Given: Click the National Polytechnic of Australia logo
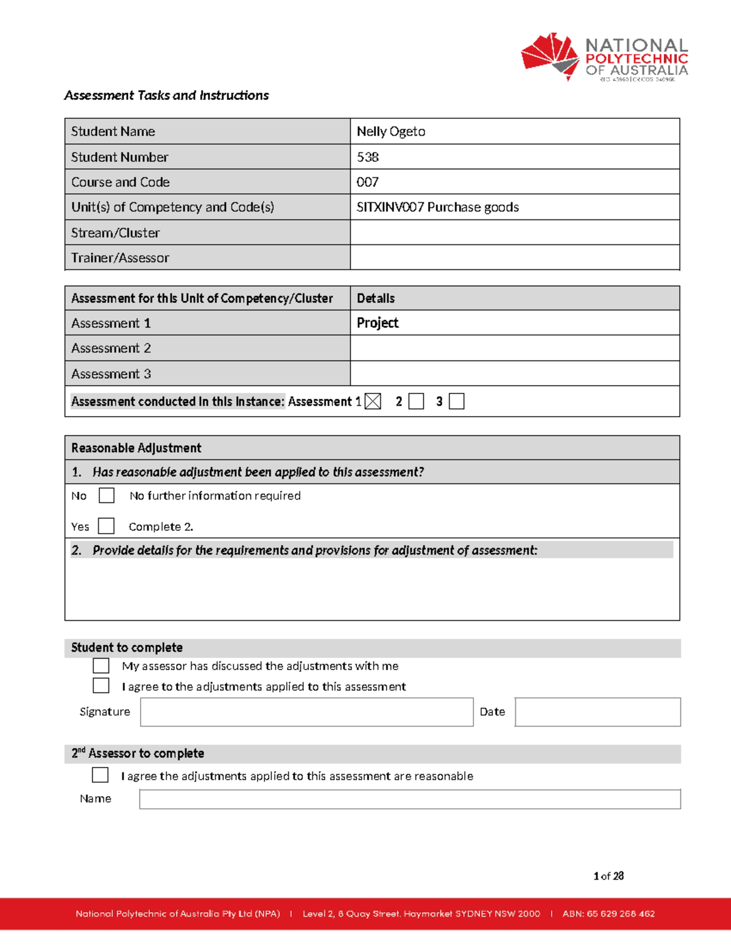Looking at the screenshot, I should click(x=604, y=57).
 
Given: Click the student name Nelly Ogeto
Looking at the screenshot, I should click(x=391, y=132).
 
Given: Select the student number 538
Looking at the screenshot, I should click(x=368, y=157).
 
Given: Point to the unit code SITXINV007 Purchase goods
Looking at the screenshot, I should click(x=437, y=207).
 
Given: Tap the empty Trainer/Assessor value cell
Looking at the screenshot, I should click(x=514, y=258).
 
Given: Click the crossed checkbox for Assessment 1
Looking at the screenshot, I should click(x=373, y=401).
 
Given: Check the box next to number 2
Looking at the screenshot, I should click(x=416, y=401).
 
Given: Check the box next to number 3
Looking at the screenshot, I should click(x=456, y=401).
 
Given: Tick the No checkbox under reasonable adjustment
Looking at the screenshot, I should click(x=107, y=495).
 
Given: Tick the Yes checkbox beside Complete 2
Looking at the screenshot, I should click(x=107, y=526).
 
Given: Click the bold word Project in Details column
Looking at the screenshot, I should click(x=378, y=323).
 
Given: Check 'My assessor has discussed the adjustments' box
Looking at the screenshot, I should click(x=101, y=665).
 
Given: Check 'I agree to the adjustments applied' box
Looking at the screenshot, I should click(x=101, y=686).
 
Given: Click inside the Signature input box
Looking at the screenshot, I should click(x=306, y=712).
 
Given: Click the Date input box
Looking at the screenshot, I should click(x=597, y=712).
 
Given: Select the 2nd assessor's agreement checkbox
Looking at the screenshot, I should click(x=101, y=775).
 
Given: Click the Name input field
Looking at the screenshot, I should click(x=409, y=799).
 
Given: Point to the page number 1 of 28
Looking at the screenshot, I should click(x=608, y=876).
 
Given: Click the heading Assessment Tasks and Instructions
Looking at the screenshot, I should click(x=166, y=96).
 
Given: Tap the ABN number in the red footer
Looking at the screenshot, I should click(x=609, y=914).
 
